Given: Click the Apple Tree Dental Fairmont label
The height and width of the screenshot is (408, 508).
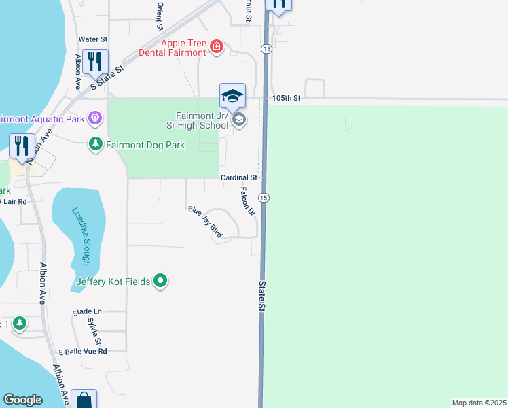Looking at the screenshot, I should pos(173,47).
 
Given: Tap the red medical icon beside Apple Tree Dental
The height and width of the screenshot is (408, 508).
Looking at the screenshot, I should pos(216,46).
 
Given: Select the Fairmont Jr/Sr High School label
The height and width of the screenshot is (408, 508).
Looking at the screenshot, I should pos(197,120).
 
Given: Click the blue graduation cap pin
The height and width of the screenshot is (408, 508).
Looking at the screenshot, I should pos(232,96).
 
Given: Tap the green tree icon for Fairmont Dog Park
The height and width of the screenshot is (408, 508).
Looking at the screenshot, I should pos(96,144).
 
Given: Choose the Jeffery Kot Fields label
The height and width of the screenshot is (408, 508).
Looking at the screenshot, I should pos(113,282).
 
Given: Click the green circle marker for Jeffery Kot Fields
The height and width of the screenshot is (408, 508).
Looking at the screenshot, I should pos(160,280).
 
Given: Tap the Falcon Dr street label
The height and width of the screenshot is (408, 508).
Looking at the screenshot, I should pos(247,202).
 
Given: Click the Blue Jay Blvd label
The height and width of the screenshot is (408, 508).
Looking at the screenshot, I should pos(206,222).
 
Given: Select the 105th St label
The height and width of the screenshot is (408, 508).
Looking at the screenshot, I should pos(286,98).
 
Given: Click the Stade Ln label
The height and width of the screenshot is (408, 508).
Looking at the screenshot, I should pos(87,311).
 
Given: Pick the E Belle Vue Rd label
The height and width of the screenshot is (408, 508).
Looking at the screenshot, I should pos(83,352).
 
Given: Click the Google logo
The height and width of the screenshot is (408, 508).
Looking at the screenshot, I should pos(22,400).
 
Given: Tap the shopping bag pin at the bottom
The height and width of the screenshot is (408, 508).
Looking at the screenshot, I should pos(84,399).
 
